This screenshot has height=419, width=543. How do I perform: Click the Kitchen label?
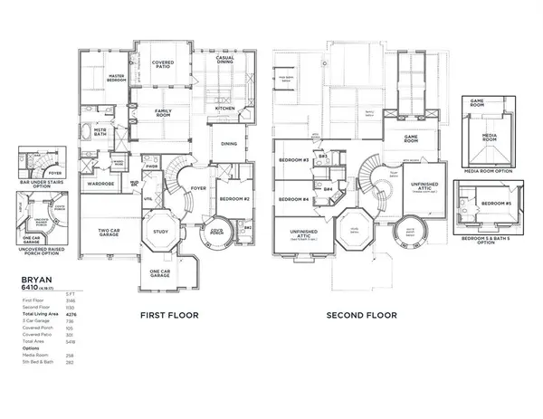click(225, 109)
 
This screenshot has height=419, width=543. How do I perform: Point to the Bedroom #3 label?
click(295, 160)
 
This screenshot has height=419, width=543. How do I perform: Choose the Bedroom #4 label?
click(295, 199)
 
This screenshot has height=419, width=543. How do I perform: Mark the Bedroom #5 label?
click(492, 205)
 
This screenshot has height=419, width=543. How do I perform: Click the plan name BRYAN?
click(34, 282)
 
